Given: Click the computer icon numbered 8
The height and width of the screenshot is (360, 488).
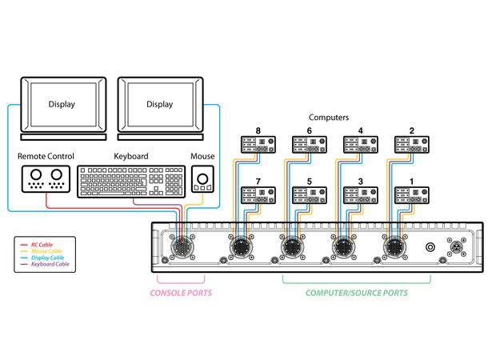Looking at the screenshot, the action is (x=258, y=145).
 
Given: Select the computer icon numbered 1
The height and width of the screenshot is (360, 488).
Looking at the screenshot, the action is (x=412, y=195).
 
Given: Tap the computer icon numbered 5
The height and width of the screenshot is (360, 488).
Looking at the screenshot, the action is (x=310, y=195).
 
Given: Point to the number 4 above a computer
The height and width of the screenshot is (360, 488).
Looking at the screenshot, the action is (x=360, y=130).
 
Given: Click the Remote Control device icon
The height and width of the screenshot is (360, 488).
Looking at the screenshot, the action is (x=46, y=179).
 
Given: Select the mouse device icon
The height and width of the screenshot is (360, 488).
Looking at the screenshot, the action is (x=202, y=179).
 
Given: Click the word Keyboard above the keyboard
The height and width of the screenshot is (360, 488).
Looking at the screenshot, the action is (x=131, y=156).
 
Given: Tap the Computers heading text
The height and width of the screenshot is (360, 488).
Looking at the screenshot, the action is (x=329, y=118).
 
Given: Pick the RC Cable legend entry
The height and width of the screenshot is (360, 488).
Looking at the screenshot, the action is (x=37, y=245).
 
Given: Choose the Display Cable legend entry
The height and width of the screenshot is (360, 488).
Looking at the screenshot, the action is (x=42, y=258).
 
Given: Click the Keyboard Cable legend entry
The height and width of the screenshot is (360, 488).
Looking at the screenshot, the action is (x=45, y=264).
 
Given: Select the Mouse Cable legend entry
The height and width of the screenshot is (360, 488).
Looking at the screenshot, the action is (x=41, y=251).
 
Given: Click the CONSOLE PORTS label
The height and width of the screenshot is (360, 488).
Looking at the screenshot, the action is (x=181, y=293).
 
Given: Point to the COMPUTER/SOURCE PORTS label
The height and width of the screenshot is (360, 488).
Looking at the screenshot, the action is (x=357, y=293).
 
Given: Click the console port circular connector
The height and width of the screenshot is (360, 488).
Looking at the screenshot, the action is (x=182, y=247).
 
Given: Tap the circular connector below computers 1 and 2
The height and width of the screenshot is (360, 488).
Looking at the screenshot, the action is (x=394, y=247).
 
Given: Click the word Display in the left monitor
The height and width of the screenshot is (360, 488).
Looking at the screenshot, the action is (x=62, y=105).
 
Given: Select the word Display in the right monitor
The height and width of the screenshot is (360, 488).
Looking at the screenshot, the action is (x=160, y=105).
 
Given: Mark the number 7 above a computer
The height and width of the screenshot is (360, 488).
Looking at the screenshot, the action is (x=258, y=181).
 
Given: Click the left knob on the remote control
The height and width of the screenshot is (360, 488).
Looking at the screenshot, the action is (x=36, y=174).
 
